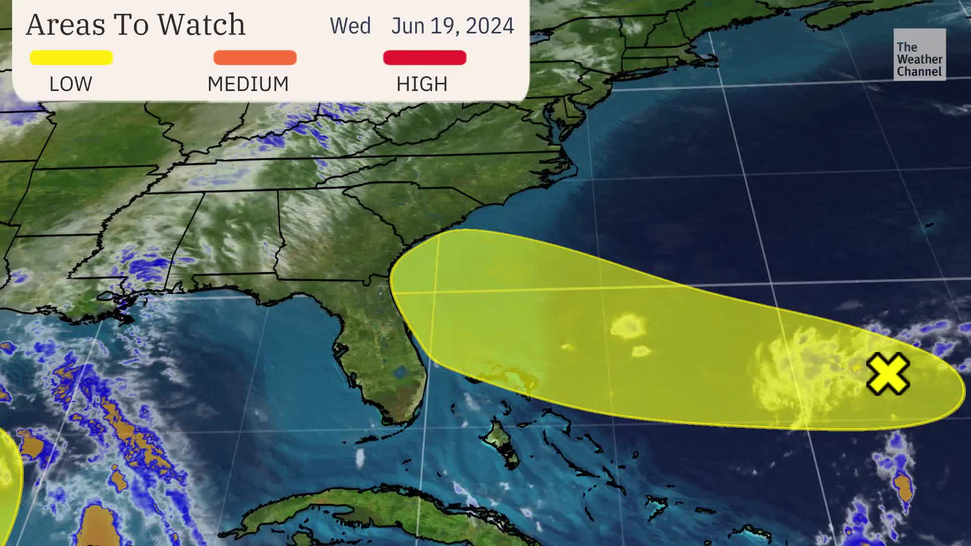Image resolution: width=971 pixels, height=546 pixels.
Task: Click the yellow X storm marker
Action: pyautogui.click(x=888, y=374)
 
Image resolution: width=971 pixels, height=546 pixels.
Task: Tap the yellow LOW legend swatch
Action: pyautogui.click(x=71, y=58)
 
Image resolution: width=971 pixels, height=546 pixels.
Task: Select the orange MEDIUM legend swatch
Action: pyautogui.click(x=255, y=58)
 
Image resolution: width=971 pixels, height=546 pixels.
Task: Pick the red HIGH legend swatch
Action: pyautogui.click(x=425, y=58)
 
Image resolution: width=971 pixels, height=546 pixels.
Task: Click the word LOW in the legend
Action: pyautogui.click(x=71, y=84)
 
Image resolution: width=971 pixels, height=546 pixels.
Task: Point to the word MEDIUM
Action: pyautogui.click(x=248, y=84)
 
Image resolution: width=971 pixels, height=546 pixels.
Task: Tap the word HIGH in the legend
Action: pyautogui.click(x=422, y=84)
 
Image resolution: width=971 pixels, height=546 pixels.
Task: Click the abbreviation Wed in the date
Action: pyautogui.click(x=350, y=26)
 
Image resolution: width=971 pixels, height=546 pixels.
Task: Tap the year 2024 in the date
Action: pyautogui.click(x=490, y=26)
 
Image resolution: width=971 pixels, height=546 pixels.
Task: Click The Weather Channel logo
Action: pyautogui.click(x=919, y=55)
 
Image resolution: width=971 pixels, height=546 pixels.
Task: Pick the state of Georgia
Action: pyautogui.click(x=329, y=238)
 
